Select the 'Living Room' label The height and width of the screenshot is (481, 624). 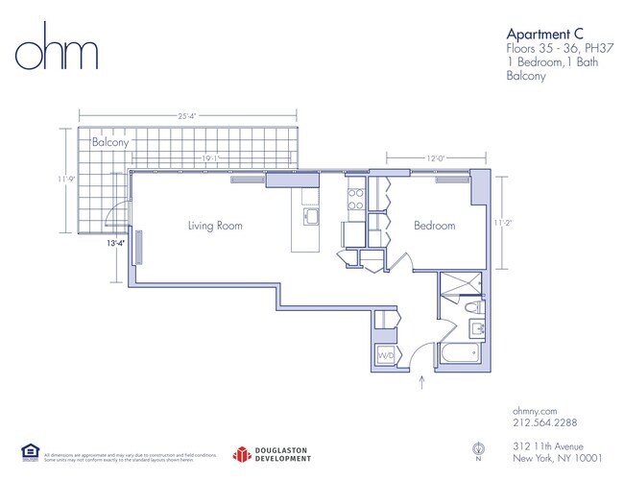215,226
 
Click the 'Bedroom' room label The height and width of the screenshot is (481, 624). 434,226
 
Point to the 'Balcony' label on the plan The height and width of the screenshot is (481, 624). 110,142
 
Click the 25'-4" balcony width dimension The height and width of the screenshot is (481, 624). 187,116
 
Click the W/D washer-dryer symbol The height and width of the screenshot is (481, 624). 385,355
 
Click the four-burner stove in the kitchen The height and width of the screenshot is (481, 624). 354,199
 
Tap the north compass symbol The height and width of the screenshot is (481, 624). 478,448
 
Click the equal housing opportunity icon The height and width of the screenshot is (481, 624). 29,450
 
